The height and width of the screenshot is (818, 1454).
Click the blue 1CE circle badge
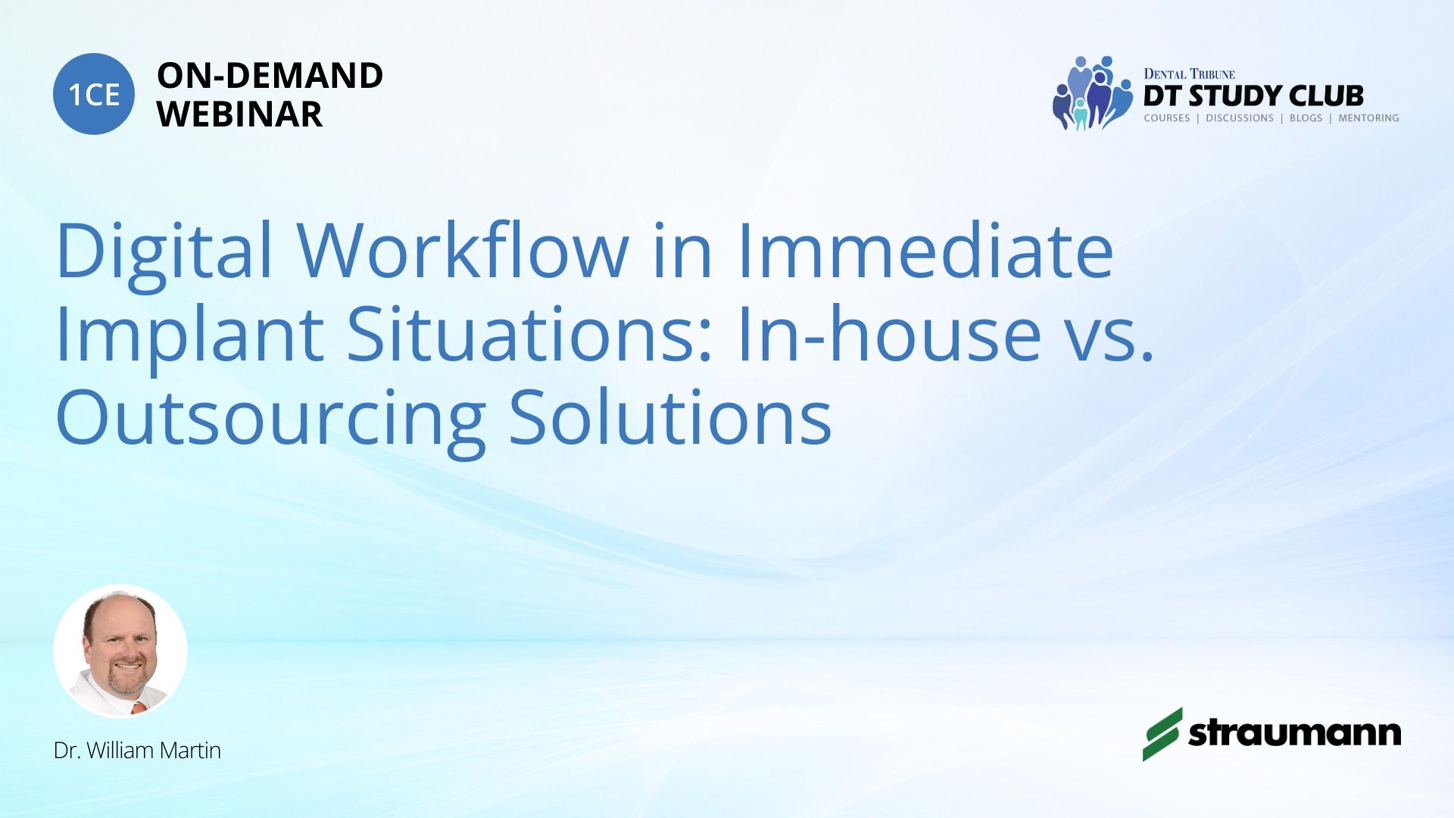pyautogui.click(x=94, y=94)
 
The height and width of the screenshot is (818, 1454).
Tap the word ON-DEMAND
pyautogui.click(x=270, y=76)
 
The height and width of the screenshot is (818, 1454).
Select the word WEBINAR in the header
pyautogui.click(x=239, y=114)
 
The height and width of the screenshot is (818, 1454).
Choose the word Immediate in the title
pyautogui.click(x=925, y=250)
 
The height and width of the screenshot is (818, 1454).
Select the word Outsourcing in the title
pyautogui.click(x=270, y=418)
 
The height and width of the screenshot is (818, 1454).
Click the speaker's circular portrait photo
pyautogui.click(x=120, y=651)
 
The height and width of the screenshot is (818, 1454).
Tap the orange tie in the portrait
pyautogui.click(x=139, y=708)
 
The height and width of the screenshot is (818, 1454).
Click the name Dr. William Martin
pyautogui.click(x=137, y=751)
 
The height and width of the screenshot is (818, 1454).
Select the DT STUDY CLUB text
pyautogui.click(x=1253, y=96)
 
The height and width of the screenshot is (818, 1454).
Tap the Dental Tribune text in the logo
pyautogui.click(x=1189, y=73)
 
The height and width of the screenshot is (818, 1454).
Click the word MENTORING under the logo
pyautogui.click(x=1368, y=118)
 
